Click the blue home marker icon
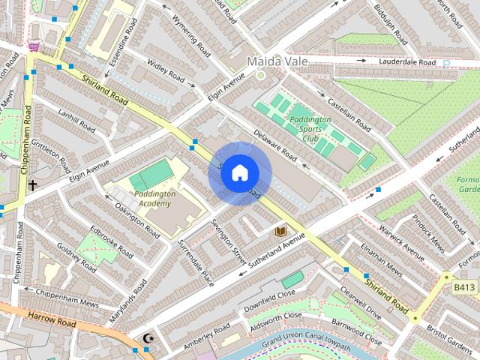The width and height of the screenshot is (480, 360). [239, 173]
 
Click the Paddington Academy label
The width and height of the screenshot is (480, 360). [155, 199]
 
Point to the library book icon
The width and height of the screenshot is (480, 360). [280, 232]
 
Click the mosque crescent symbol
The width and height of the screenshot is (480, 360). [148, 338]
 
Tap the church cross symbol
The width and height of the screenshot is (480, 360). [32, 184]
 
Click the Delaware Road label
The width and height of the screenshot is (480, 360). [275, 147]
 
